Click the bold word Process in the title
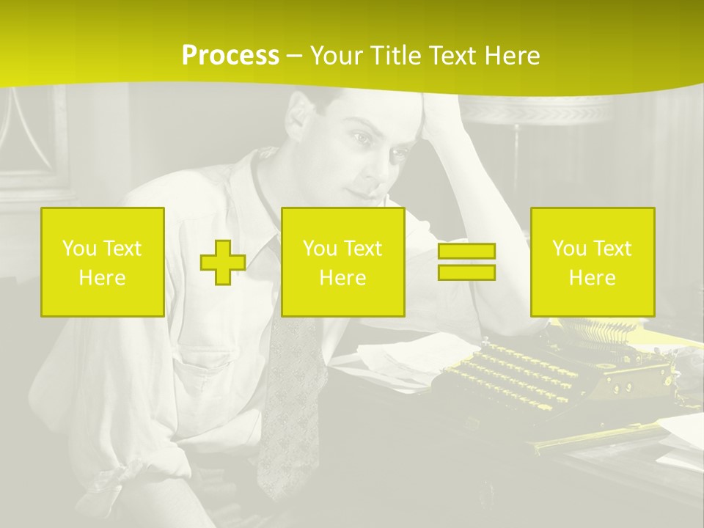click(230, 56)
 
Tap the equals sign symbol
click(466, 262)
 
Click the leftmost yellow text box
click(103, 262)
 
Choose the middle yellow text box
click(342, 262)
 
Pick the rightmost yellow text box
click(593, 262)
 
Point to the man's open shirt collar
click(253, 176)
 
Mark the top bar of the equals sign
click(466, 252)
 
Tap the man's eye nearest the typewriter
click(397, 155)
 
